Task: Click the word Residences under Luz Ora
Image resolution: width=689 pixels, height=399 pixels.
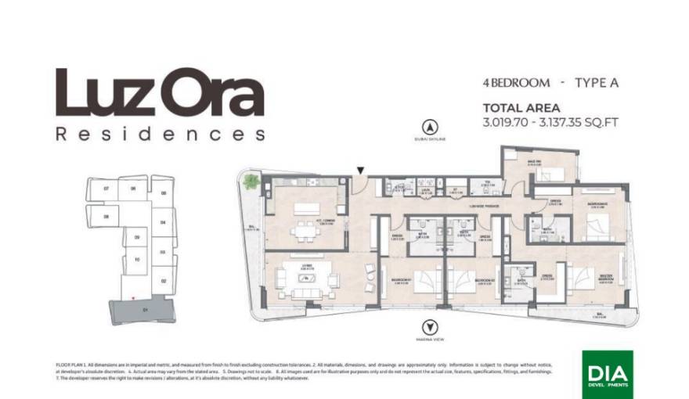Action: tap(160, 133)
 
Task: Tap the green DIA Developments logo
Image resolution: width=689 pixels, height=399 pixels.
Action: tap(609, 372)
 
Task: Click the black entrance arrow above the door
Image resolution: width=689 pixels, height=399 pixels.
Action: tap(360, 170)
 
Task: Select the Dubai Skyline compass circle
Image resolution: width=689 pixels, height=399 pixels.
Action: tap(428, 126)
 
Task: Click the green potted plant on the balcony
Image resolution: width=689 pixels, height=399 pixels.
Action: tap(251, 182)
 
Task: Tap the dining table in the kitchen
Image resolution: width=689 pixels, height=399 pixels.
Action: tap(304, 232)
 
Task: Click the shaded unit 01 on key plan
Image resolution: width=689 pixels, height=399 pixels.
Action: tap(145, 310)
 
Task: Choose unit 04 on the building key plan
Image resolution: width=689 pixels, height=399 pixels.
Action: tap(163, 222)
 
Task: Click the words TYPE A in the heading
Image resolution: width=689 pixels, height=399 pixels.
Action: tap(597, 82)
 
